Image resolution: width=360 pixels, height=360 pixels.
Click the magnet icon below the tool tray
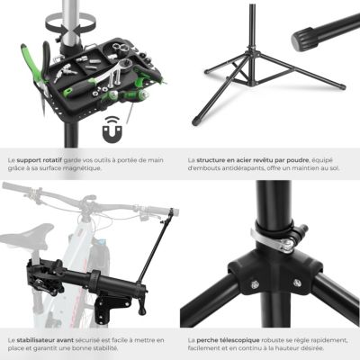click(x=112, y=130)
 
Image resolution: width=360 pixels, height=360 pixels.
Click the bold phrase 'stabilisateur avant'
click(x=45, y=340)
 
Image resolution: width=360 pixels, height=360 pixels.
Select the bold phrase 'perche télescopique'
click(x=228, y=340)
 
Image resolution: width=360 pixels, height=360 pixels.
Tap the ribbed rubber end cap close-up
click(x=304, y=40)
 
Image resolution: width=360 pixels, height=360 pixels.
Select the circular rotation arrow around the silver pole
click(x=71, y=24)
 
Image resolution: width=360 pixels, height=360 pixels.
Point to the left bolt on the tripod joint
click(x=255, y=284)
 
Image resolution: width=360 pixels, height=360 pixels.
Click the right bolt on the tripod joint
click(x=297, y=283)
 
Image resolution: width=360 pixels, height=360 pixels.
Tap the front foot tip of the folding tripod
click(x=196, y=121)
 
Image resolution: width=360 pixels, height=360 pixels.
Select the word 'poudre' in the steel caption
click(x=298, y=160)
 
